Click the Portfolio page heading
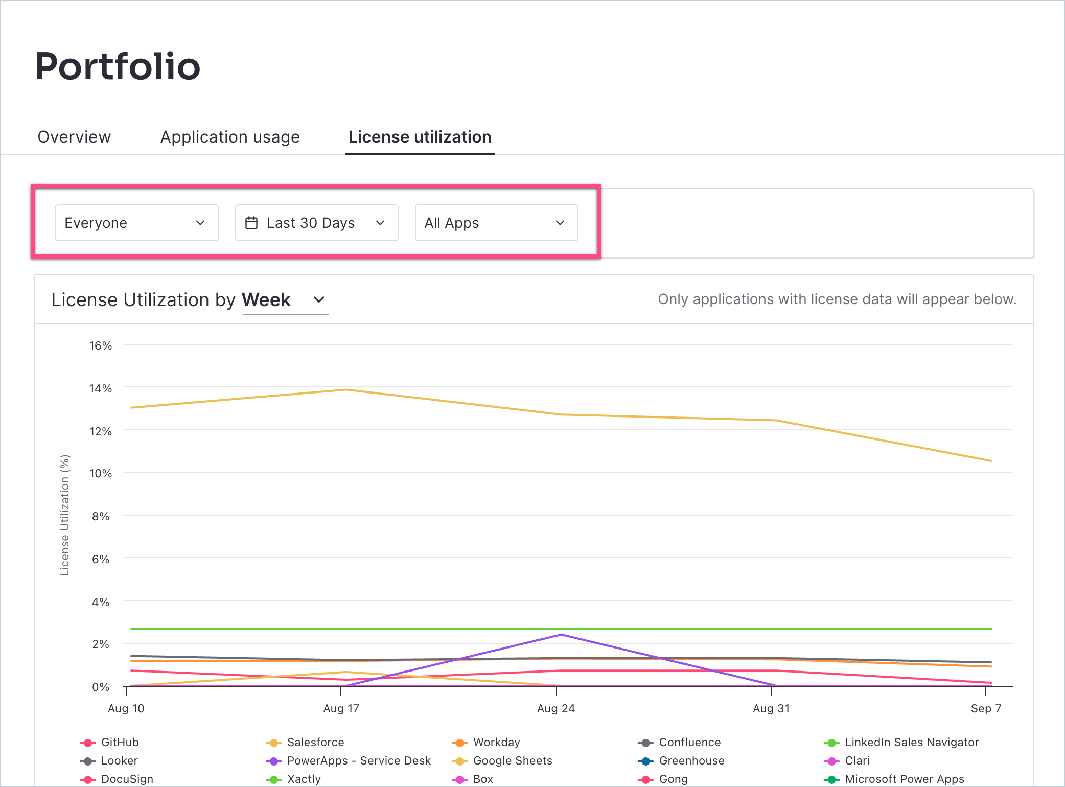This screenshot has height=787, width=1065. pos(118,66)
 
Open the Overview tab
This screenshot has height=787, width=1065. pos(74,137)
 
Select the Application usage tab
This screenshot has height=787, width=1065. pos(230,137)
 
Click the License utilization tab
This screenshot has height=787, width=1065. pos(420,137)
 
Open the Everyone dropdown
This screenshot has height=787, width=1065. pos(136,223)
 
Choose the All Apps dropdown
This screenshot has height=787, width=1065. pos(496,223)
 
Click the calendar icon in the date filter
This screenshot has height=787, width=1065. pos(251,223)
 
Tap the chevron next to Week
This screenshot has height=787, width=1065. pos(319,299)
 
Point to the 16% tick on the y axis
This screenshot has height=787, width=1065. pos(100,345)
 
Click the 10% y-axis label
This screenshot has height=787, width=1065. pos(100,473)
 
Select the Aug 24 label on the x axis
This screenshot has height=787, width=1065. pos(555,708)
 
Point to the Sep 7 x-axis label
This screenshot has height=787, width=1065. pos(985,708)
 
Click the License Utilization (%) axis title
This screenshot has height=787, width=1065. pos(64,515)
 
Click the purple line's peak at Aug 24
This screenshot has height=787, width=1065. pos(561,635)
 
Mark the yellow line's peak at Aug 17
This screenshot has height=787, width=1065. pos(346,390)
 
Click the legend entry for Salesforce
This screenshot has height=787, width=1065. pos(315,742)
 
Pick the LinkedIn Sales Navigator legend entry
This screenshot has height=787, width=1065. pos(911,742)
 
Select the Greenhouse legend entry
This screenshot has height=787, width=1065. pos(691,760)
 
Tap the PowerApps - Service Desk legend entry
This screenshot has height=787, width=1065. pos(359,760)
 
